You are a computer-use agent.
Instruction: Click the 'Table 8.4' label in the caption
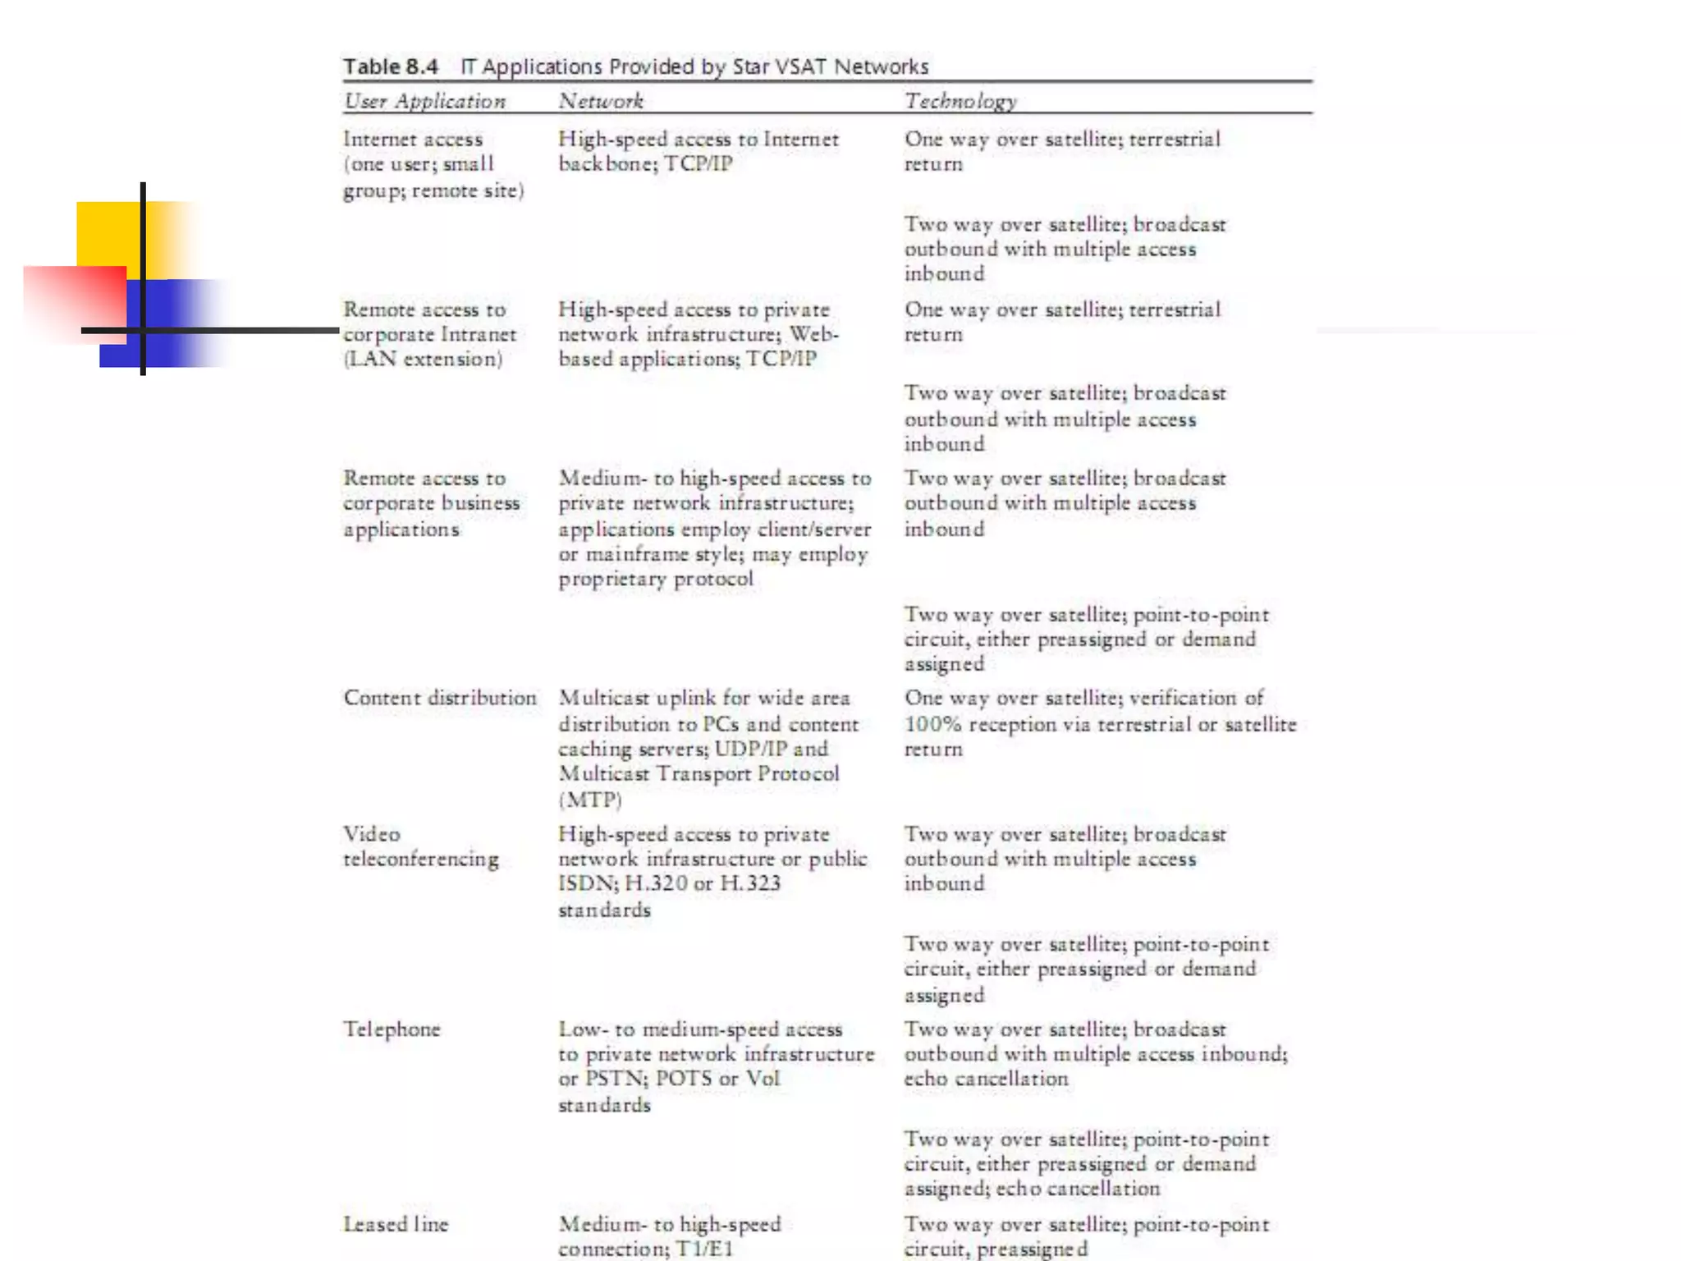(x=390, y=66)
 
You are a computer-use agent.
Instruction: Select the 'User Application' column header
(x=424, y=101)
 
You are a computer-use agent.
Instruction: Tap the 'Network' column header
(x=601, y=101)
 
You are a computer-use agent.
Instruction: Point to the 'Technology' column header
(x=960, y=101)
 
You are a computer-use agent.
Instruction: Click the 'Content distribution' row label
(x=440, y=698)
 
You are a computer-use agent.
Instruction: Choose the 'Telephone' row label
(x=392, y=1029)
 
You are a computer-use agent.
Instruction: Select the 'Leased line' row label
(x=396, y=1224)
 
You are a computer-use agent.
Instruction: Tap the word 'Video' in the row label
(x=372, y=834)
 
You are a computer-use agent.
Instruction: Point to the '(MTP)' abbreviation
(x=590, y=799)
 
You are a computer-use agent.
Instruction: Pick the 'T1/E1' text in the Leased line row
(x=703, y=1249)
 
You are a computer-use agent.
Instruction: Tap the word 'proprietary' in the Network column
(x=612, y=579)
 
